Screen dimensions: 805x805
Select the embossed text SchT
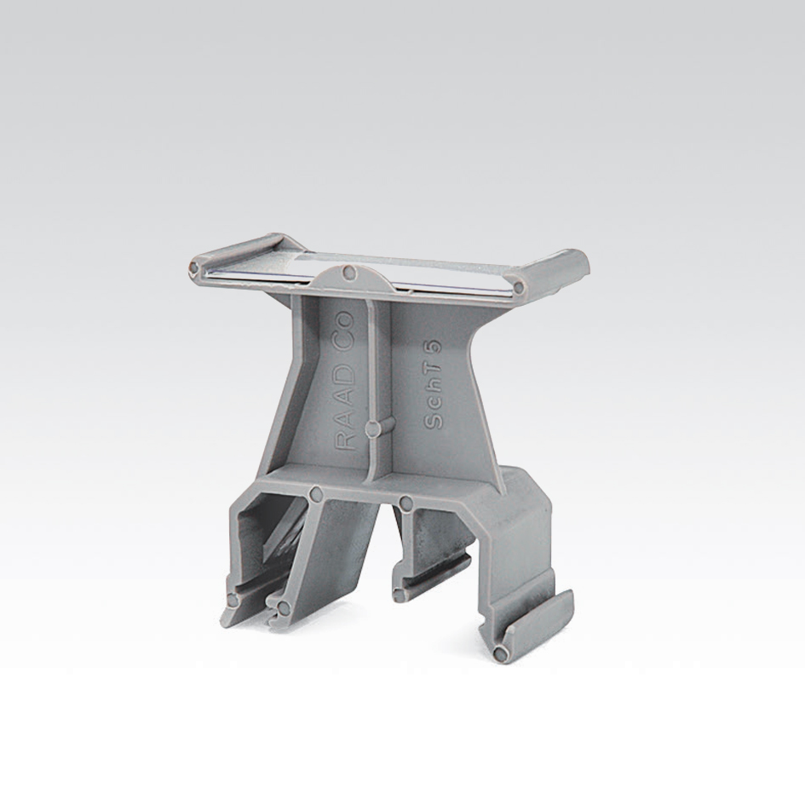point(434,395)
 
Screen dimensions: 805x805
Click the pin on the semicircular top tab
point(349,272)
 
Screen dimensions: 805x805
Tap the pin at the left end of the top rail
point(194,267)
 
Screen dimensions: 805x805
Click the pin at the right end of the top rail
point(519,287)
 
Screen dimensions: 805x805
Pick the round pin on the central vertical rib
point(373,428)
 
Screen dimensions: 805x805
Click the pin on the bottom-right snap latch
point(499,653)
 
